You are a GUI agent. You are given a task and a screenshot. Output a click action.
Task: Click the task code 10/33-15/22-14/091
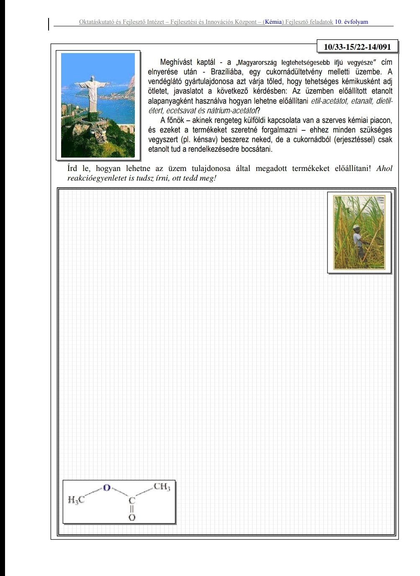357,47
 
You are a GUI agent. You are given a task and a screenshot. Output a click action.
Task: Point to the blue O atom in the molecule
107,487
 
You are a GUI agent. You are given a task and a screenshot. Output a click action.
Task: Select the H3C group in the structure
76,500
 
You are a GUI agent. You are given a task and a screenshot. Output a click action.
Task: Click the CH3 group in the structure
162,487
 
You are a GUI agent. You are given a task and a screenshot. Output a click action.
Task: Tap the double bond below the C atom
132,509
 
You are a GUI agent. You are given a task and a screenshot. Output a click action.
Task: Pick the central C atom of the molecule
132,500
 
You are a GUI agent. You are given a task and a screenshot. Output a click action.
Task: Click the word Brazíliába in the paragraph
224,71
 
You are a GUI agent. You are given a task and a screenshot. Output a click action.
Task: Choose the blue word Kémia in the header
273,22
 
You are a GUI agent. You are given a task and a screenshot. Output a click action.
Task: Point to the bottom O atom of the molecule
132,517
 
